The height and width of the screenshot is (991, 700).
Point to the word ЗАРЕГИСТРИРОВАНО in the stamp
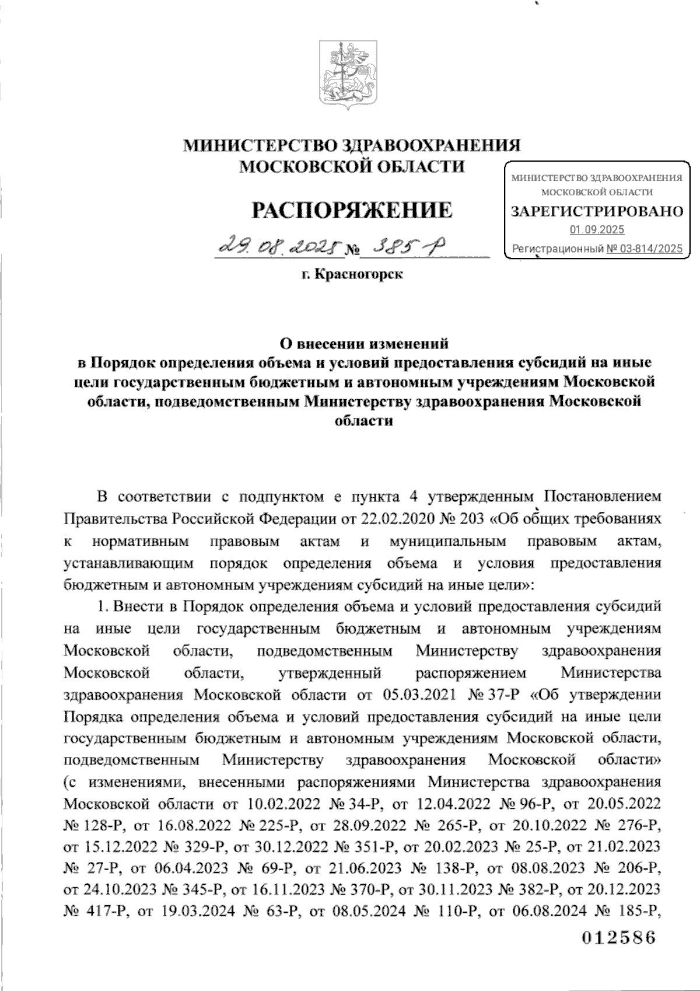click(x=597, y=211)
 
